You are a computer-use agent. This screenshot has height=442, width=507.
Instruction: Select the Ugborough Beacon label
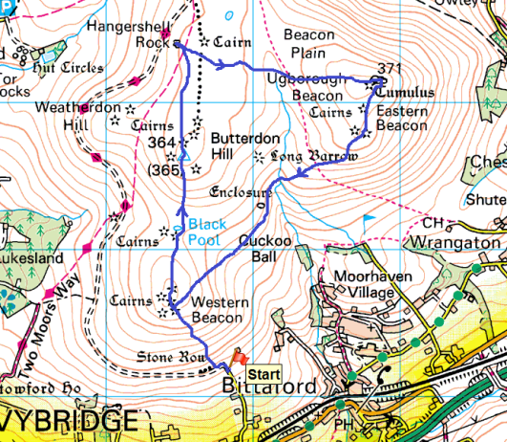[x=305, y=86]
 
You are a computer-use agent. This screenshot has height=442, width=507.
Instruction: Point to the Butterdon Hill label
[x=236, y=145]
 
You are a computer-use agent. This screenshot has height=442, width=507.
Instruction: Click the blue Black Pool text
[x=207, y=231]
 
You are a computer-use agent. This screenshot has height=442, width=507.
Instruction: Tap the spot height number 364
[x=163, y=143]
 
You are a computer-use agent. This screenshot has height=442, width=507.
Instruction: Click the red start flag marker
[x=239, y=355]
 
